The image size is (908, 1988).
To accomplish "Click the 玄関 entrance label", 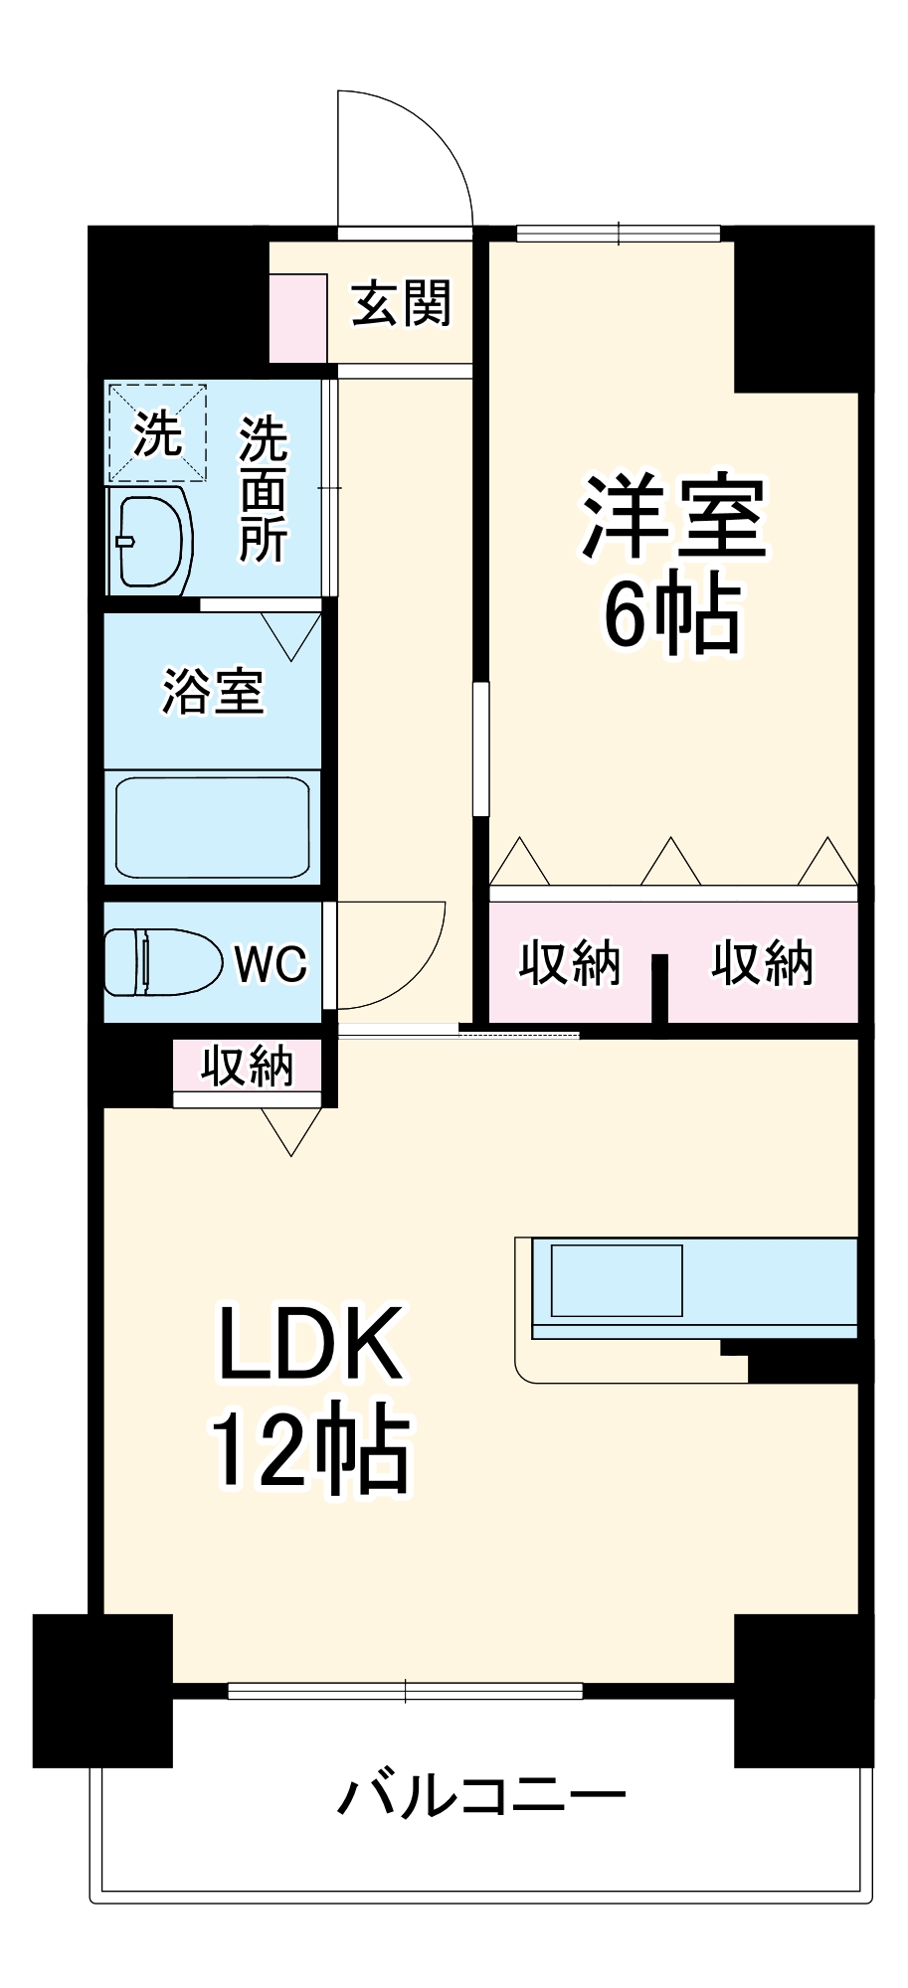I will click(401, 304).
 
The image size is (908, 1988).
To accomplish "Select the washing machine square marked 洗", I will click(157, 433).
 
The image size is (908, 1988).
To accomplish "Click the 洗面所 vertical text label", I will click(263, 489).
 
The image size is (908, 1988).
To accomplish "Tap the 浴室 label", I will click(212, 692).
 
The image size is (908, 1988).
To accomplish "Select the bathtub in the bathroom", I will click(212, 827).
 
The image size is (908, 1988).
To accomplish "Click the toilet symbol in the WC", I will click(159, 962).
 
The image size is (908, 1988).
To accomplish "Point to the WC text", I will click(271, 963).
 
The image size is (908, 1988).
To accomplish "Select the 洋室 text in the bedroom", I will click(673, 519).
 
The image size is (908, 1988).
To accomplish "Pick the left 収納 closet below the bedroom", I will click(569, 962).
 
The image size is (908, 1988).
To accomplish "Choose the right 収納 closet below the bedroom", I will click(762, 962).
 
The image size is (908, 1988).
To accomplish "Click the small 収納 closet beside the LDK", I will click(247, 1066).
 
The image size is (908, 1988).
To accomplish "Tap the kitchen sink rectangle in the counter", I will click(617, 1280).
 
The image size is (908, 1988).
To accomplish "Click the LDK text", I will click(310, 1344).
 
